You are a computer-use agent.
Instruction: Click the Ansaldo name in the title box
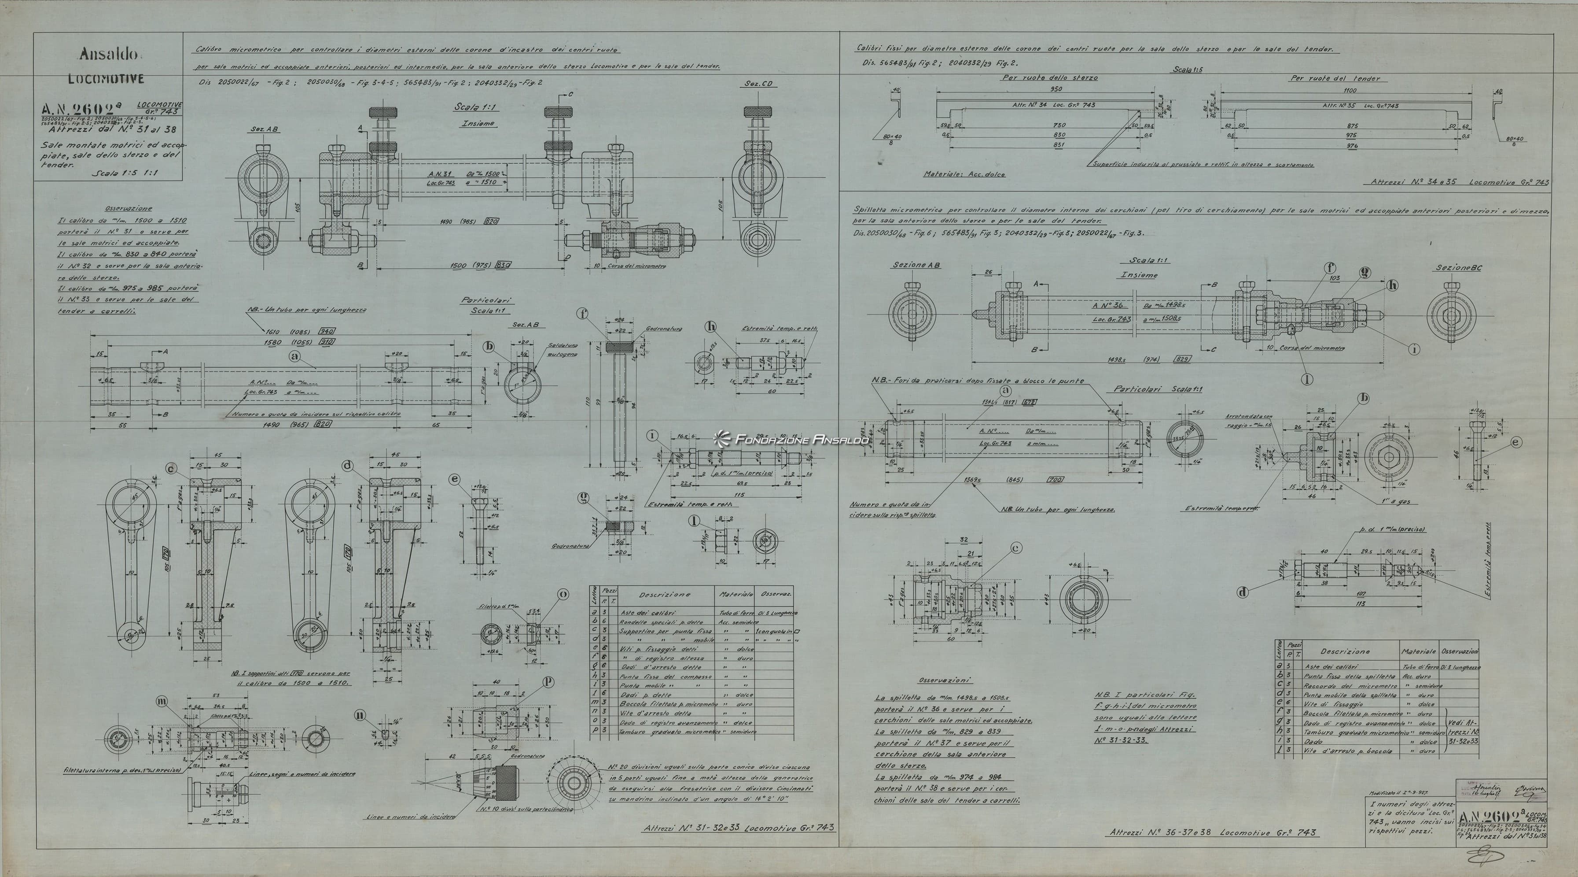tap(107, 55)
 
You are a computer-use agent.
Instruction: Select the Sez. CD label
tap(761, 83)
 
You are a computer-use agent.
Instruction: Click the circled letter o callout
tap(563, 594)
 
